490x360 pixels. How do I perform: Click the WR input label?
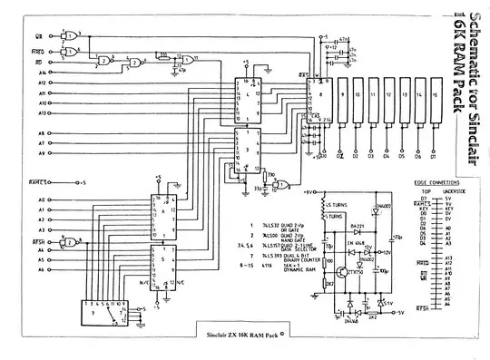point(39,35)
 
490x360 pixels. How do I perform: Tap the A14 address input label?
point(42,71)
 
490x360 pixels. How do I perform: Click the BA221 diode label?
point(358,226)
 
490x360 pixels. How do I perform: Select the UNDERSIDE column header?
point(455,191)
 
